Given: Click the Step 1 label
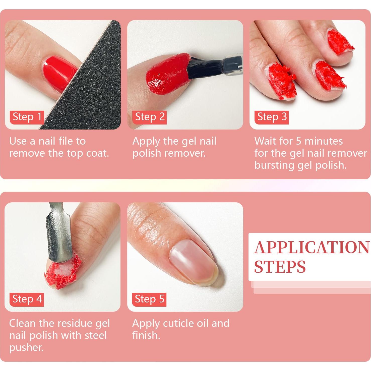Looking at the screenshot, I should (27, 117).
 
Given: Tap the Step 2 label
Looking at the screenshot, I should (150, 117).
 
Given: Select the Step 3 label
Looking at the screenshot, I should (272, 117).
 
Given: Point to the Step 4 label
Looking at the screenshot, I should (27, 299).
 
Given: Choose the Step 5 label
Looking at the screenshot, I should (149, 299).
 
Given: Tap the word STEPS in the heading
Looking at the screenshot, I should (280, 267).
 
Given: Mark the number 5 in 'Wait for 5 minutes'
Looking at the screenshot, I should (298, 141).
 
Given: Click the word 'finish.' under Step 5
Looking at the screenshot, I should (146, 335).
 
